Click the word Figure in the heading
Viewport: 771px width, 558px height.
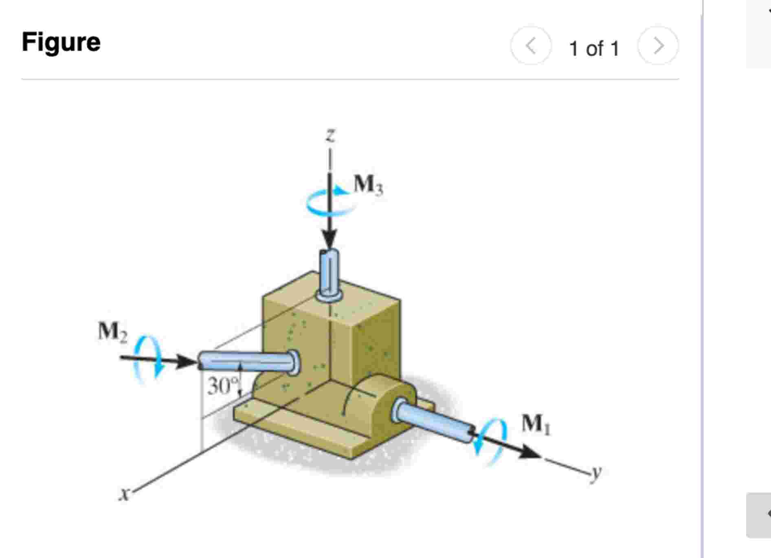coord(61,42)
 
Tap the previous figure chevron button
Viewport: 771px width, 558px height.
coord(530,46)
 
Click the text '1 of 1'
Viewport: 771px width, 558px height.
coord(594,49)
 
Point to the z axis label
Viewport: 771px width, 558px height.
coord(331,134)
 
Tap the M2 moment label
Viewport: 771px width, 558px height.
coord(112,331)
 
